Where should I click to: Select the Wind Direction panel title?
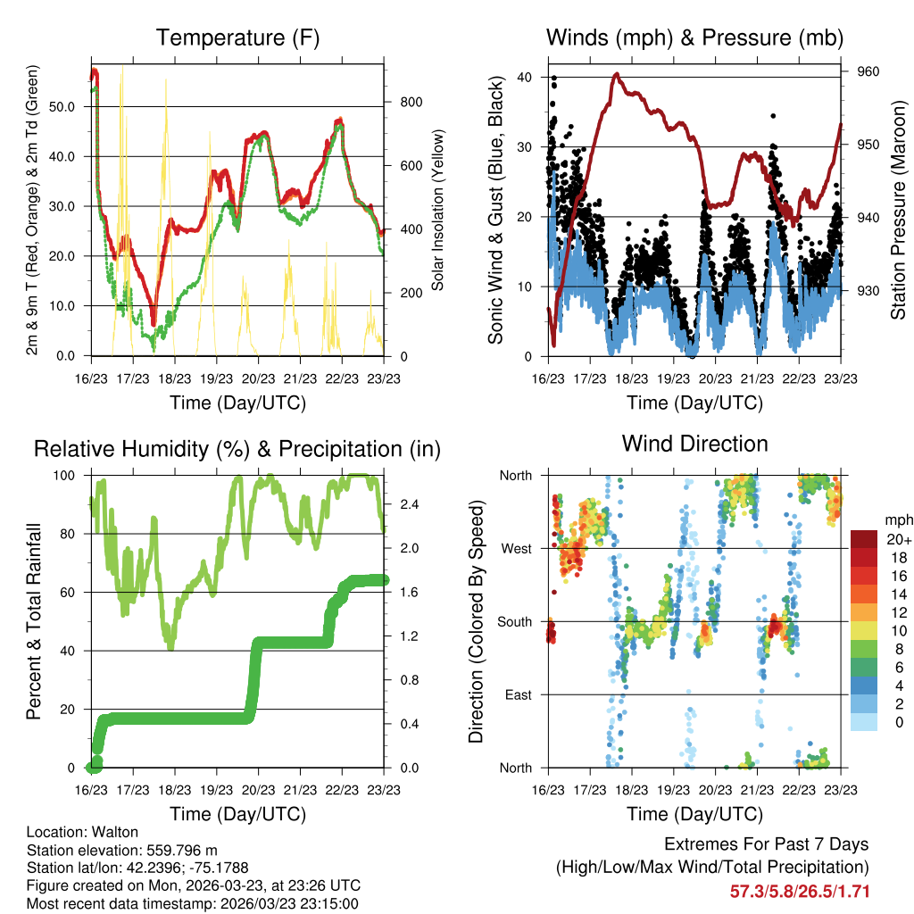click(x=694, y=443)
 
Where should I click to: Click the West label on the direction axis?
click(x=516, y=548)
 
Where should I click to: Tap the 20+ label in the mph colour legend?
click(x=897, y=539)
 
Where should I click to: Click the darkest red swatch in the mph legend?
click(x=864, y=538)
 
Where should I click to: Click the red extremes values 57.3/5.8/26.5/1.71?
click(x=800, y=891)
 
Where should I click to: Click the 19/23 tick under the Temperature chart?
click(x=217, y=378)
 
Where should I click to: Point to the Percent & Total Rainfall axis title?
click(x=34, y=621)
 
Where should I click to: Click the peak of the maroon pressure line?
click(x=617, y=75)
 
